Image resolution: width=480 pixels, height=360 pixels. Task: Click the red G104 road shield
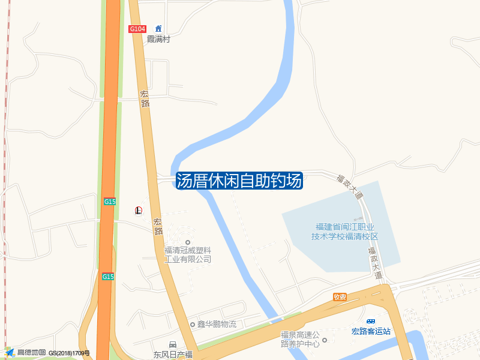[x=137, y=29]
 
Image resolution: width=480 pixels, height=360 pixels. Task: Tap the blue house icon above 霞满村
[x=158, y=28]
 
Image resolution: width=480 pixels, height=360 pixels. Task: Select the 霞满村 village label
[x=159, y=39]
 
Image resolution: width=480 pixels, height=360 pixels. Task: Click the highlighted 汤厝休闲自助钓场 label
[x=239, y=181]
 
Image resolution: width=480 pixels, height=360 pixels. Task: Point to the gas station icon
[x=139, y=210]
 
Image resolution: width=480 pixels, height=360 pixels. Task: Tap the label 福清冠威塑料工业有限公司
[x=188, y=254]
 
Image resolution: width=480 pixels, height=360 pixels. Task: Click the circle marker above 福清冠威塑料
[x=188, y=242]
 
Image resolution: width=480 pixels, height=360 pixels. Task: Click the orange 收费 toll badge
[x=340, y=297]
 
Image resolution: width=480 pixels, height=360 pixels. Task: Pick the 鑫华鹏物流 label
[x=217, y=325]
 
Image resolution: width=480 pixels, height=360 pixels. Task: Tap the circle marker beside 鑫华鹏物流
[x=193, y=325]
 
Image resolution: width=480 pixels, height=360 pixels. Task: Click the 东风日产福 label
[x=173, y=355]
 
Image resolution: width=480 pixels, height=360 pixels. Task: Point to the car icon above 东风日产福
[x=173, y=344]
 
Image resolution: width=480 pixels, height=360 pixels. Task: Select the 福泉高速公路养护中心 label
[x=301, y=339]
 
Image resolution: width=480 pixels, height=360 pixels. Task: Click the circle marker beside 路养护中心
[x=325, y=341]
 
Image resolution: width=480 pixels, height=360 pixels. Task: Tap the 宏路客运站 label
[x=371, y=331]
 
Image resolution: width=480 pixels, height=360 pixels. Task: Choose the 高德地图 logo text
[x=31, y=352]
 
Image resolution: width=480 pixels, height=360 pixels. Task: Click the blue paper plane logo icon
[x=10, y=352]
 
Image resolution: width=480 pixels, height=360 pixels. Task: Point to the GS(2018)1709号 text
[x=69, y=353]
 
